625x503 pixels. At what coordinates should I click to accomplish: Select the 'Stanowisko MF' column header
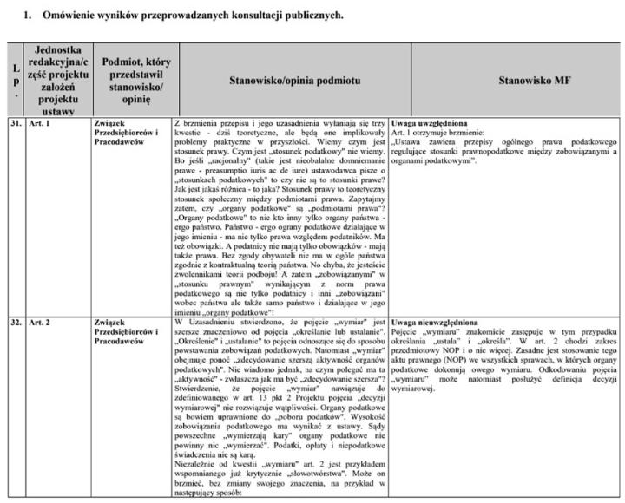click(x=532, y=80)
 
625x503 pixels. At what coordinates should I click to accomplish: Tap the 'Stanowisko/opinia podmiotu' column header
click(x=282, y=80)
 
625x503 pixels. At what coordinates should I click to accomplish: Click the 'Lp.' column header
click(x=14, y=80)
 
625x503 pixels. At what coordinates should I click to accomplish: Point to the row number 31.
click(x=15, y=123)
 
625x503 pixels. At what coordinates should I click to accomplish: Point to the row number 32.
click(x=15, y=323)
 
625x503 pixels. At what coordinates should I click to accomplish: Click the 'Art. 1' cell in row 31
click(x=41, y=123)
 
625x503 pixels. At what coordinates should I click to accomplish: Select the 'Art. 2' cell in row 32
click(x=41, y=323)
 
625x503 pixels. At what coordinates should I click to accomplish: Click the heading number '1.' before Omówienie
click(x=27, y=16)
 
